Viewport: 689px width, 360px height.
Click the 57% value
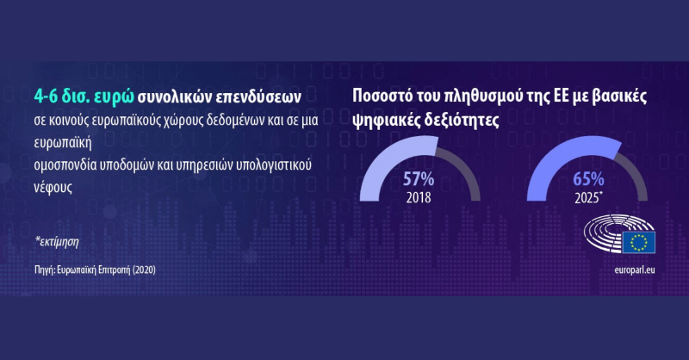pyautogui.click(x=419, y=179)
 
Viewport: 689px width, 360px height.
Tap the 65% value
pyautogui.click(x=588, y=179)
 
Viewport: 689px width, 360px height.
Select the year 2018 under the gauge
pyautogui.click(x=419, y=197)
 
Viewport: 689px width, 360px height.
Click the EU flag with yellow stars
pyautogui.click(x=638, y=242)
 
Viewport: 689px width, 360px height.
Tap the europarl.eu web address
pyautogui.click(x=634, y=270)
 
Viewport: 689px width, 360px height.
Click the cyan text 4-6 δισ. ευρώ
pyautogui.click(x=84, y=97)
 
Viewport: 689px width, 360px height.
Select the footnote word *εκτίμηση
pyautogui.click(x=57, y=241)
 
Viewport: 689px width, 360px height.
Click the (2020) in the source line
pyautogui.click(x=144, y=270)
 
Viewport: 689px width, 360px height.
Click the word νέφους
pyautogui.click(x=53, y=187)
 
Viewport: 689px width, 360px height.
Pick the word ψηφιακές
pyautogui.click(x=385, y=120)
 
